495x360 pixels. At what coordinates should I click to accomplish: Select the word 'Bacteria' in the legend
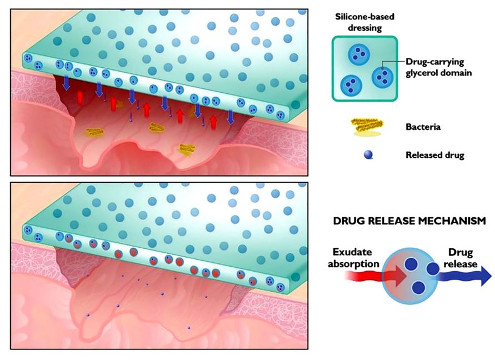click(423, 127)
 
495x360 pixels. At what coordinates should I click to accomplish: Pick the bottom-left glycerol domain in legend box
click(351, 85)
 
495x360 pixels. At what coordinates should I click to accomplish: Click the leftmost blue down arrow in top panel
click(66, 82)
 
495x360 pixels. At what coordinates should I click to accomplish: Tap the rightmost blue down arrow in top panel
click(231, 116)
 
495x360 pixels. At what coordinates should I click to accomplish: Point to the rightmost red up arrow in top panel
click(213, 120)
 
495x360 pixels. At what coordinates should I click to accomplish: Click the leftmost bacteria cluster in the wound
click(94, 133)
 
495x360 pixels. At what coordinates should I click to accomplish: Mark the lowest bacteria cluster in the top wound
click(186, 148)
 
